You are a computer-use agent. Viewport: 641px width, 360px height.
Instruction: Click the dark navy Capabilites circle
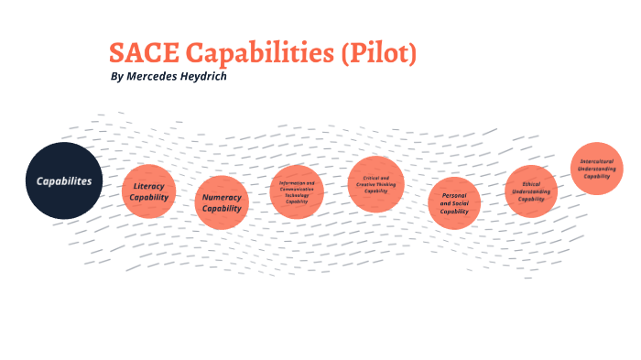point(64,180)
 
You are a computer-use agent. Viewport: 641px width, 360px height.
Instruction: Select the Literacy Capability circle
point(148,191)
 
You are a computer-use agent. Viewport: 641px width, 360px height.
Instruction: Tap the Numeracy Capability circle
point(222,202)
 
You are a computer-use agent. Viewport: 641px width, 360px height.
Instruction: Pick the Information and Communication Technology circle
point(297,191)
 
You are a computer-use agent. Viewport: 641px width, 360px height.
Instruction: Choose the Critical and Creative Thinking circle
point(376,184)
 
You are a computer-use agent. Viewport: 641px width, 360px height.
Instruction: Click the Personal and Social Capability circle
point(454,203)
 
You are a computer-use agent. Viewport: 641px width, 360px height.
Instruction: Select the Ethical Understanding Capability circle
point(531,191)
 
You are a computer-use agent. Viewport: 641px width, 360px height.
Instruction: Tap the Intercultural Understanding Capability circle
point(598,168)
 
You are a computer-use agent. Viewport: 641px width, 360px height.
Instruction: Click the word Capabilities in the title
point(258,54)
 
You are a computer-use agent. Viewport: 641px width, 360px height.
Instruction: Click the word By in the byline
point(115,76)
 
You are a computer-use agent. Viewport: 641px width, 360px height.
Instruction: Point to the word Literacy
point(148,186)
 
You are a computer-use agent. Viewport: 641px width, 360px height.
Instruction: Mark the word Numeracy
point(222,197)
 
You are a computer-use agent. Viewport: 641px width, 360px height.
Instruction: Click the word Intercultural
point(598,161)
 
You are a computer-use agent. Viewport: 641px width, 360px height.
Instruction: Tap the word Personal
point(454,195)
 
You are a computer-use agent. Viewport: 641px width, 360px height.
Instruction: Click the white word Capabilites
point(64,180)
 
